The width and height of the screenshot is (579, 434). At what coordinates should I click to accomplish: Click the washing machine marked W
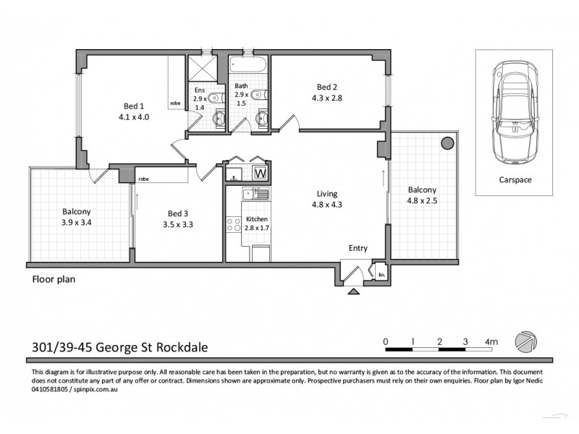point(260,174)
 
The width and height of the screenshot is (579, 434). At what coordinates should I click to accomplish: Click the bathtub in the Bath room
point(248,67)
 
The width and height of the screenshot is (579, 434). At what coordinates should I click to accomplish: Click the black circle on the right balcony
point(448,142)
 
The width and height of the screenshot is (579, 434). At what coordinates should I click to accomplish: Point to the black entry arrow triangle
point(354,292)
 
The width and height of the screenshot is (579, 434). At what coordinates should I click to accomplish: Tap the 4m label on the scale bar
point(491,341)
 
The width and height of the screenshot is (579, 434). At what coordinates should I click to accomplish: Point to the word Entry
point(358,248)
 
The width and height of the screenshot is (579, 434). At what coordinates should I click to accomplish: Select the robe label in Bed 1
point(174,103)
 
